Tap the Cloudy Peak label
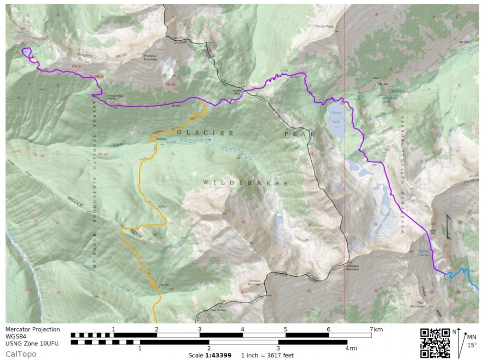324,27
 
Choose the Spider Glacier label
424,253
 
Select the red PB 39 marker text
171,84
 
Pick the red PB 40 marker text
103,154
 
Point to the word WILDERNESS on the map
245,182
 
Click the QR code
435,343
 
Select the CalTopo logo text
21,353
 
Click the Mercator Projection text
33,329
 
